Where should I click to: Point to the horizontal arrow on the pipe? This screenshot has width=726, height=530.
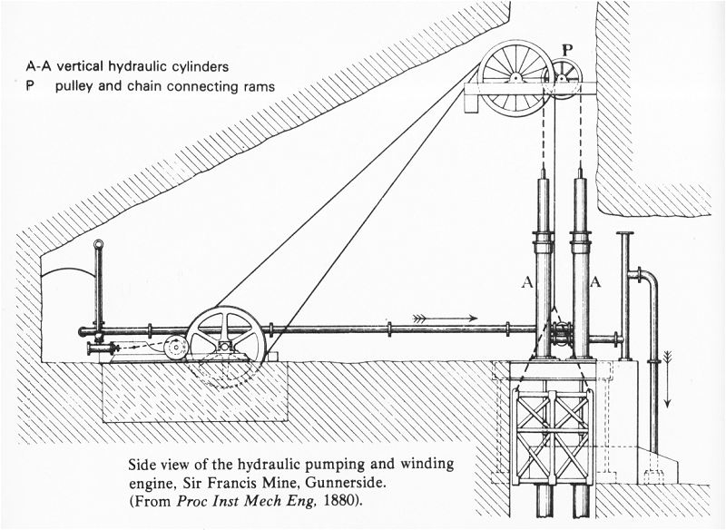445,319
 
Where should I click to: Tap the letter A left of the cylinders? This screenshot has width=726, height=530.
526,282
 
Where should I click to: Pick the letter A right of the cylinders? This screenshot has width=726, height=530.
596,282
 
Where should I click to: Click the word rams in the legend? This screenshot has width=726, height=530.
257,87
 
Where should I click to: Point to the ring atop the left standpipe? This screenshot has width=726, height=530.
98,244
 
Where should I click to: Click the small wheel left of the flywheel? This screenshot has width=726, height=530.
175,347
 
